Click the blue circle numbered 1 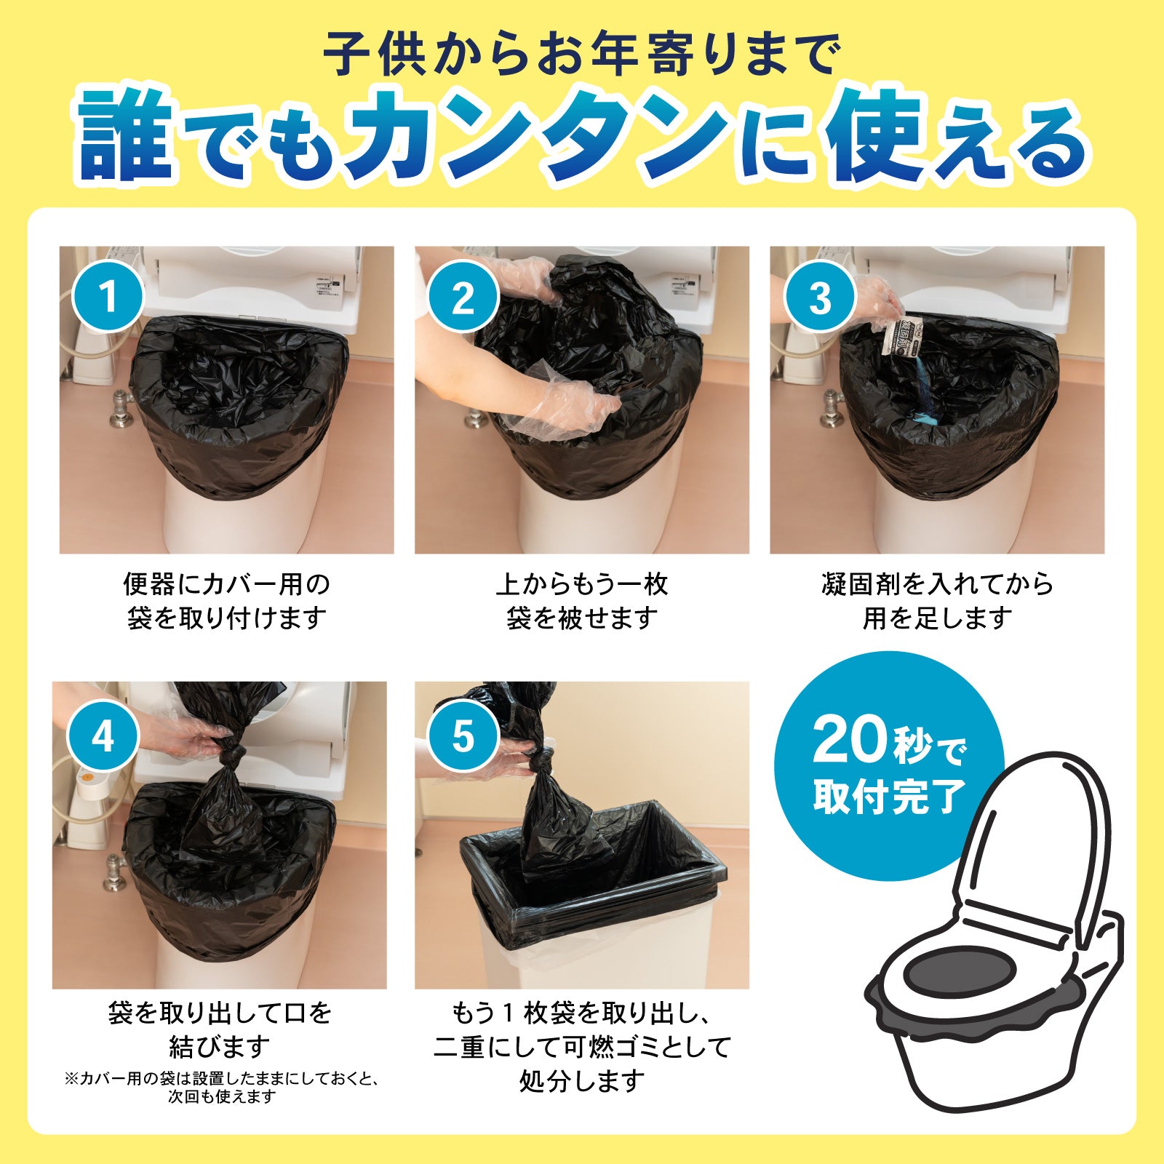(108, 297)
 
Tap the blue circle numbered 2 (463, 297)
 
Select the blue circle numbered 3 (820, 297)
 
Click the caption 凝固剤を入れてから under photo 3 (937, 584)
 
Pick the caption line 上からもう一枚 (582, 584)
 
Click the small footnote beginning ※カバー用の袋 (222, 1079)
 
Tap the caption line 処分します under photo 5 (582, 1081)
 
